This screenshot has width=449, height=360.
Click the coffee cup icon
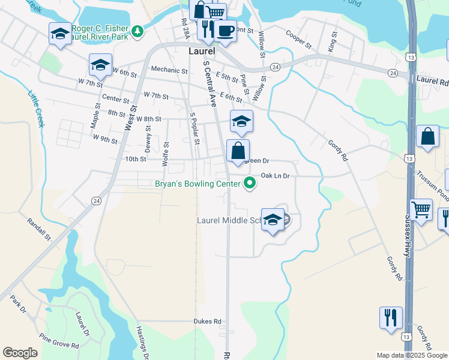click(x=225, y=31)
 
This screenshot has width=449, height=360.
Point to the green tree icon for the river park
click(x=138, y=29)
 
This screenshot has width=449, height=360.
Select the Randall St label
click(x=40, y=229)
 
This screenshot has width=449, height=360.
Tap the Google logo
click(x=20, y=353)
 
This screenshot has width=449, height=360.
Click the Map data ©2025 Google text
click(x=411, y=355)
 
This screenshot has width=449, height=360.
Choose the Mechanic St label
click(x=169, y=69)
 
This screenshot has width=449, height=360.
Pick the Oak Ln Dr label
click(x=275, y=176)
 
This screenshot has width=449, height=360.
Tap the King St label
click(x=332, y=41)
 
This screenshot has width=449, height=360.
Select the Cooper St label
click(x=300, y=40)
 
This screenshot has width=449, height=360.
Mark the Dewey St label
click(x=148, y=143)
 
